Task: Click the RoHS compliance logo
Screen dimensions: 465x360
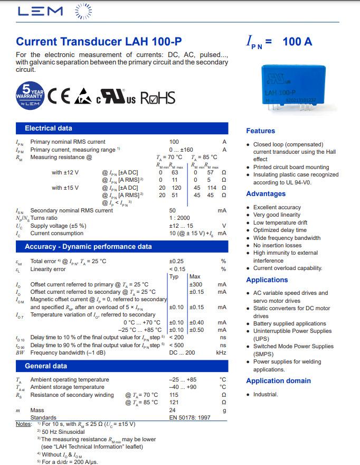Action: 157,97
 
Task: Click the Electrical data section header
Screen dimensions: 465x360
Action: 49,128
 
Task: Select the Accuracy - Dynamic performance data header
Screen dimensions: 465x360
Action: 88,247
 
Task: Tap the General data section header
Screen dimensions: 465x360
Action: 46,366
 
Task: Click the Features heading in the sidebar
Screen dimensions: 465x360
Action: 260,131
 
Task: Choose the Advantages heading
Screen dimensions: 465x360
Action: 266,194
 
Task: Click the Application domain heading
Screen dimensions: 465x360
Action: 278,381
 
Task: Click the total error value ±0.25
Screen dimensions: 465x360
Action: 176,262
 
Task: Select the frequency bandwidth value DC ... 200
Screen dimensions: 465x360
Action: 182,352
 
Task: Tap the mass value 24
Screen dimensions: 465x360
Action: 172,410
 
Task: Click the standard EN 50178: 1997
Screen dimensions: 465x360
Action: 190,417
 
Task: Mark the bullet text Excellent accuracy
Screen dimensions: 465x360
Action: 277,208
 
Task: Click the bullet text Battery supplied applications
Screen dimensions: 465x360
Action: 289,324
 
